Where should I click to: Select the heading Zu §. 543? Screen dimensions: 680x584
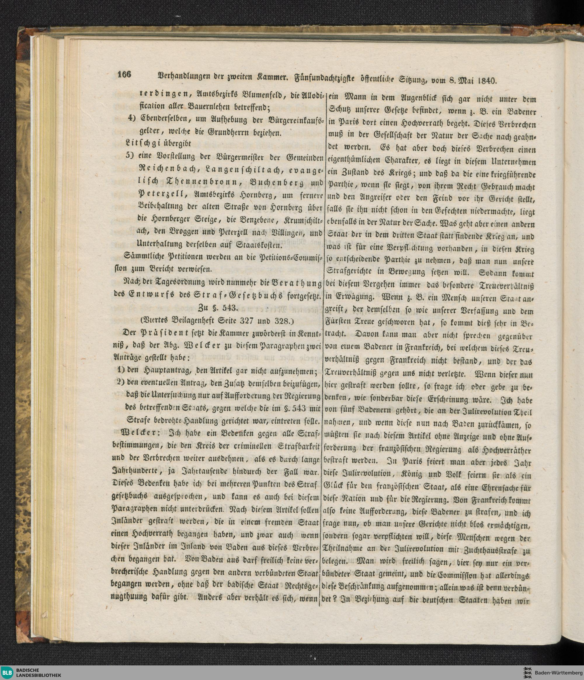coord(220,308)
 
